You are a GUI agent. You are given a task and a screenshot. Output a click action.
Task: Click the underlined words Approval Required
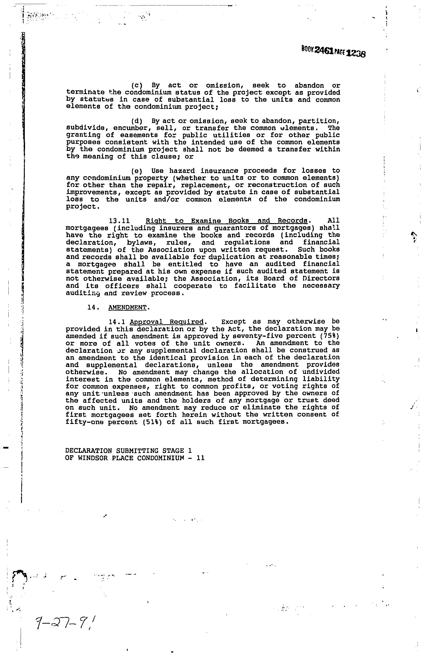(x=167, y=321)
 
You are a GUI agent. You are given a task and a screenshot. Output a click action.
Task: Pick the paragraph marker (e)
(x=137, y=171)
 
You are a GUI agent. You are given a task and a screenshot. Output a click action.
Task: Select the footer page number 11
(x=201, y=458)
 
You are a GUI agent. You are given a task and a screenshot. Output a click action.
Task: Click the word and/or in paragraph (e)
(x=166, y=199)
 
